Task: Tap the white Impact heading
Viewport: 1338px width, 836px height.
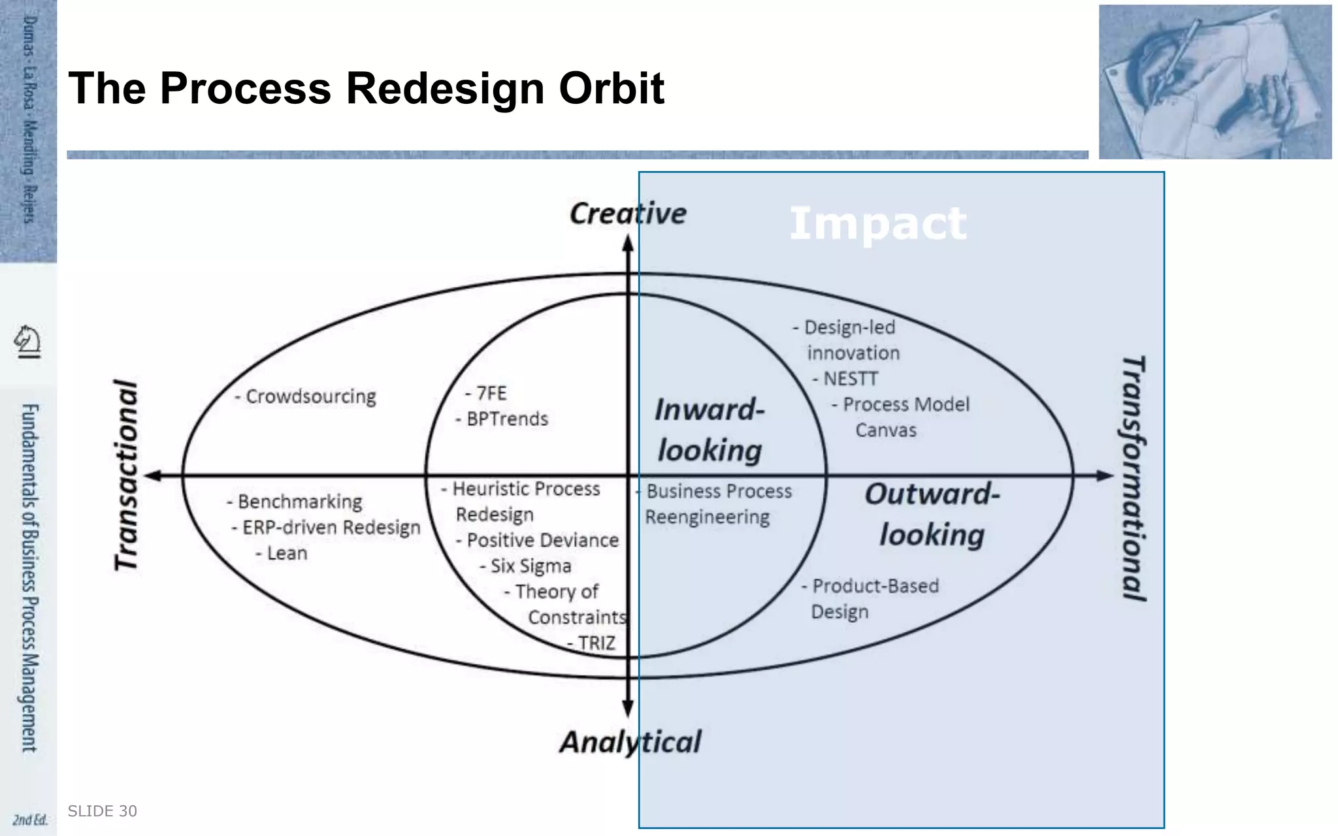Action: (x=877, y=223)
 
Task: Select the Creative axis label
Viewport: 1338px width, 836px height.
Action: (x=628, y=214)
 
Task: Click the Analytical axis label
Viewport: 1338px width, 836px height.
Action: (x=630, y=742)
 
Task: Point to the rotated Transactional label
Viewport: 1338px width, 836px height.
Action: (x=127, y=475)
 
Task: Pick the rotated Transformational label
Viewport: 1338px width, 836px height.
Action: (x=1134, y=478)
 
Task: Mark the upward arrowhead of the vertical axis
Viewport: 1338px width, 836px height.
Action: (x=628, y=243)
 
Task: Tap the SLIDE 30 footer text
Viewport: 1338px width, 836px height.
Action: (x=103, y=811)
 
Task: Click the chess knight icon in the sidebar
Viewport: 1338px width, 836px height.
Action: (x=27, y=341)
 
